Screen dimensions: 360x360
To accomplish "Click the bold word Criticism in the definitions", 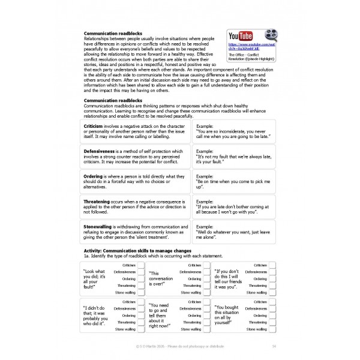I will pos(93,127).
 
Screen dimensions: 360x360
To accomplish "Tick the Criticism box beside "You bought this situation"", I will pos(272,301).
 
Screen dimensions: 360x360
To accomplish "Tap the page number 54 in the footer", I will pos(274,346).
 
